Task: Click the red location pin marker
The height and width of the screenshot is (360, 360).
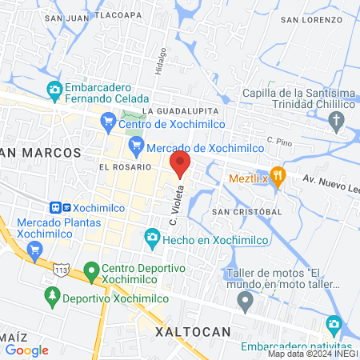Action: [180, 163]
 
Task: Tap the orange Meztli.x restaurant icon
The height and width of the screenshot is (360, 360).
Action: [278, 177]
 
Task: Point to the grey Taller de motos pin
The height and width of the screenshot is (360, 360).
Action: [246, 301]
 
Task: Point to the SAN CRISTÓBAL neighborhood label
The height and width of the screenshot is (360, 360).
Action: [246, 211]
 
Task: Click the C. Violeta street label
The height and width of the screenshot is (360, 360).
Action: [175, 205]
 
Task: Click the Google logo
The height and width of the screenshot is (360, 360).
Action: [26, 350]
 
